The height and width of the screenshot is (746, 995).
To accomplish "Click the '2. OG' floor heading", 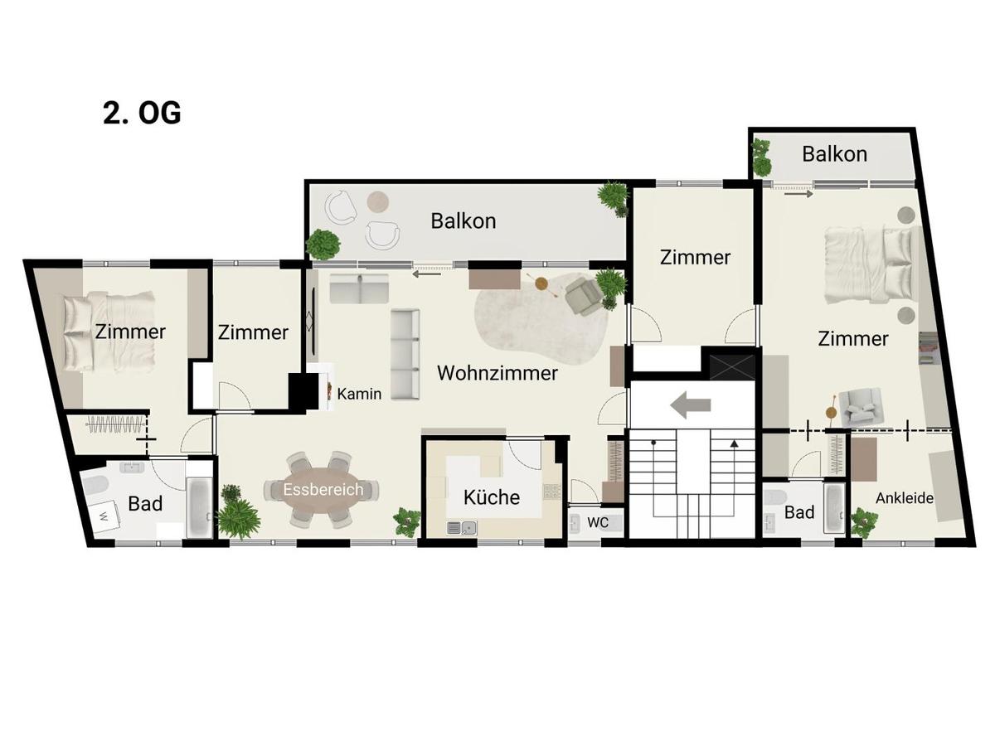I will point(142,113).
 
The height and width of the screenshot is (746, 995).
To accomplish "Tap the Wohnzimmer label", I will point(497,373).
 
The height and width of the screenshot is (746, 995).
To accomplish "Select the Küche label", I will point(492,497).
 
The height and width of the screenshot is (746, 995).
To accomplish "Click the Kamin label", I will point(359,394).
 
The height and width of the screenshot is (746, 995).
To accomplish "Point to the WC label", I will point(598,523).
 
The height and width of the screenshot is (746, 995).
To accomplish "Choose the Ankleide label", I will point(905,498).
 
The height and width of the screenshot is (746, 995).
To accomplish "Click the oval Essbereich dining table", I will point(323,490).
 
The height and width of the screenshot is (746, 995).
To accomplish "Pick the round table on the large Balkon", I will point(378,201).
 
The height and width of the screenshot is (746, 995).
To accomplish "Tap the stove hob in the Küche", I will point(552,492).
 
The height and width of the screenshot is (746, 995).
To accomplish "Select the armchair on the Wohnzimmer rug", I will point(584,297).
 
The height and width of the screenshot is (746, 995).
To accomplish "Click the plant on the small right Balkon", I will point(760,154).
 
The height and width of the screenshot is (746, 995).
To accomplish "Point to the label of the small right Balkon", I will point(834,154).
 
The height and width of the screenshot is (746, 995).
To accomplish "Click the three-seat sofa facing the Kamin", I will point(405,352).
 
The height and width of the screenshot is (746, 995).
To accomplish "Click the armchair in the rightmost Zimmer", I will point(856,408).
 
